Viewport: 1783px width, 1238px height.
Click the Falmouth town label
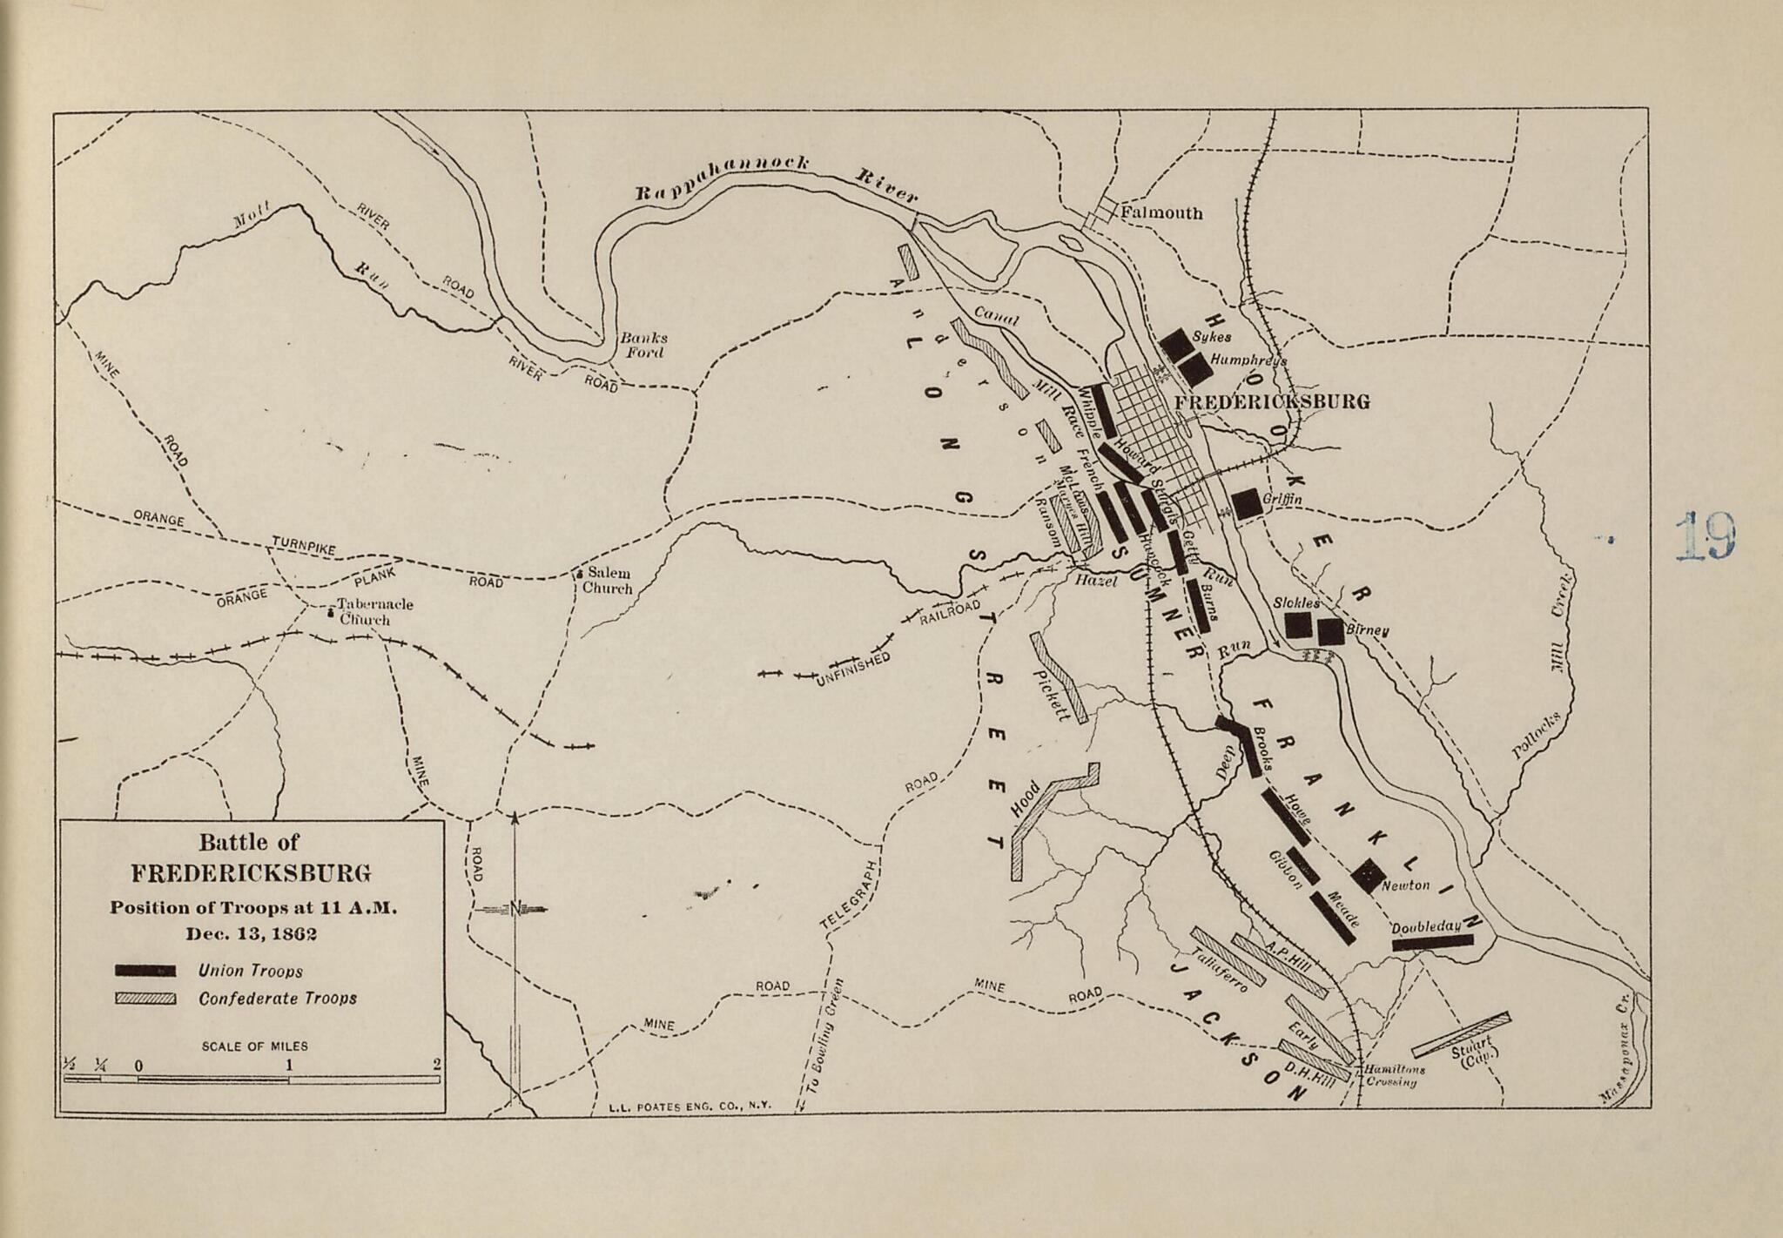1161,212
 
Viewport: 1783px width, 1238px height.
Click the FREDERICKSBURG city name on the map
1272,401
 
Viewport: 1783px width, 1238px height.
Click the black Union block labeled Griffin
1247,503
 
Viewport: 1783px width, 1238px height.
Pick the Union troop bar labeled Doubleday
1432,940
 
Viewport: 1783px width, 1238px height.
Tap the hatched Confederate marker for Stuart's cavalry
1461,1034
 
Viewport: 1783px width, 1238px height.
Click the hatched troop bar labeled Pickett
1059,677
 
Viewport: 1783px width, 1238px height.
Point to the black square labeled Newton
1368,875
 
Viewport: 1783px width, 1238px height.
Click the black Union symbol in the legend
145,970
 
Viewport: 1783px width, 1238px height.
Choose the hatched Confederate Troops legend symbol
145,999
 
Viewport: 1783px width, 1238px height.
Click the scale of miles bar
252,1080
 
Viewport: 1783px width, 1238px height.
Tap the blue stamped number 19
1706,536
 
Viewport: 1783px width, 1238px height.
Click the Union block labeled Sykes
1175,343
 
